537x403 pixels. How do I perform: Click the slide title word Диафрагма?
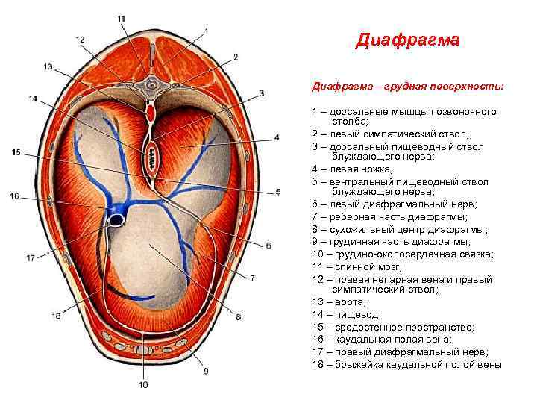407,39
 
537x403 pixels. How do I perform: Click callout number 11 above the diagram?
122,18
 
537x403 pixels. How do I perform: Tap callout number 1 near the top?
207,31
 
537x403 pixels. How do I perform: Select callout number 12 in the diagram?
80,40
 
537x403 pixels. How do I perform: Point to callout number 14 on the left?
33,98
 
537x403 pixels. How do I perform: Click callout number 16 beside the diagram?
14,196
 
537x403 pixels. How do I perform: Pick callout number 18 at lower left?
56,316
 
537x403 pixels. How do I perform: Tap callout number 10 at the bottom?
143,385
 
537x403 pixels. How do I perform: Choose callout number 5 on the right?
277,192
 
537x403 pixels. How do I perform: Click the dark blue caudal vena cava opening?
118,220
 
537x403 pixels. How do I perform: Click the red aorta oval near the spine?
151,113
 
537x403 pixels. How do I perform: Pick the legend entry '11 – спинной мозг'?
357,266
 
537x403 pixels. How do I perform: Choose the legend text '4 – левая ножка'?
351,169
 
